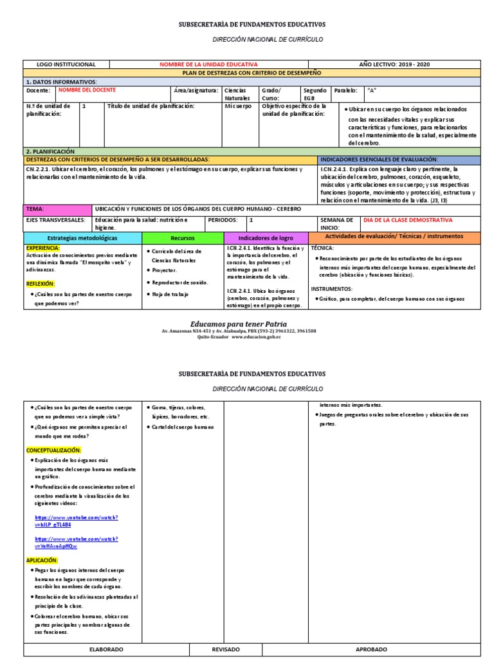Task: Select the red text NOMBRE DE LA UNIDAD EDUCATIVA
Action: click(209, 64)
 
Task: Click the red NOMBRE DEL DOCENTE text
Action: click(84, 90)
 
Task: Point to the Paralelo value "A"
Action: click(371, 90)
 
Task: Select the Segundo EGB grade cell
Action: click(315, 94)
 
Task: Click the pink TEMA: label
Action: click(35, 209)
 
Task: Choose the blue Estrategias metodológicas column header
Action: click(82, 237)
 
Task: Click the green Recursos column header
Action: click(183, 237)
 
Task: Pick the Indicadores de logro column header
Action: click(266, 237)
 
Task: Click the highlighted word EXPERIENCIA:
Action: click(43, 248)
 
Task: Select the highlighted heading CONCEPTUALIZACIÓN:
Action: click(54, 450)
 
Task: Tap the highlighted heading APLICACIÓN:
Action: click(42, 561)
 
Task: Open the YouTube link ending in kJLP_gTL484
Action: click(76, 521)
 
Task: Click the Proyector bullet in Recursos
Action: click(164, 271)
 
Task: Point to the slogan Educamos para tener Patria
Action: click(239, 323)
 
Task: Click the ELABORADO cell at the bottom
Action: click(106, 650)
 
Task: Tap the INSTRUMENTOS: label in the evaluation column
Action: click(331, 290)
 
